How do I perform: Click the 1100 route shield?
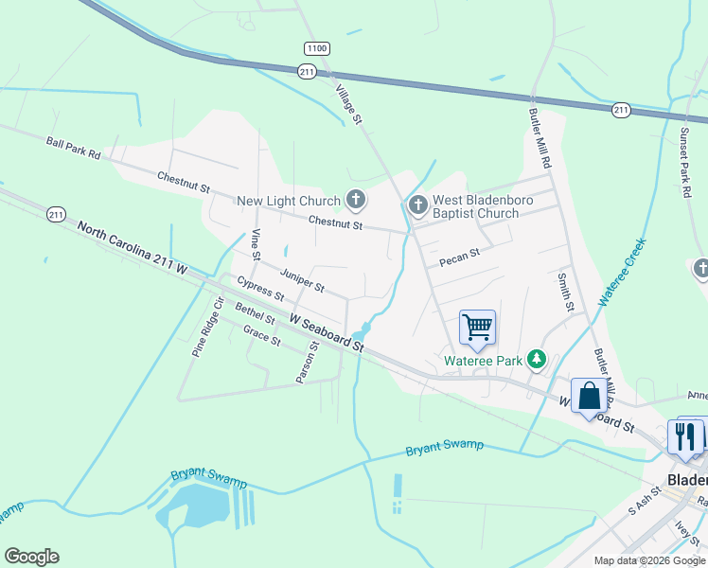pos(316,47)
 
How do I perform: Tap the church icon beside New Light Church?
pos(356,199)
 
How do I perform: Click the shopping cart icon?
pos(477,328)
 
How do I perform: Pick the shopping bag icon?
pos(589,395)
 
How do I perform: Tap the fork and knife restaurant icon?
pos(685,435)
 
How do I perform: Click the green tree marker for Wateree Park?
pos(537,359)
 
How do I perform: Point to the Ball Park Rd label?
pos(73,148)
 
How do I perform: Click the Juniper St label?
pos(302,278)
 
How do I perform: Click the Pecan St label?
pos(460,254)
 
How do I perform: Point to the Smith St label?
pos(565,293)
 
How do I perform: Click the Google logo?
pos(31,557)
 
